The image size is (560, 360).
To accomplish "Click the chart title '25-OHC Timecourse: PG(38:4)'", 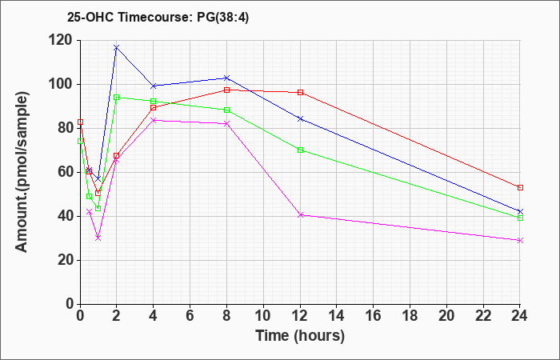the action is (x=158, y=17).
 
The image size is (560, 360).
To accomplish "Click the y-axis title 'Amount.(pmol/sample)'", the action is (x=22, y=172).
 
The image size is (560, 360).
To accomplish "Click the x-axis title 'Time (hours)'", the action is (x=300, y=336).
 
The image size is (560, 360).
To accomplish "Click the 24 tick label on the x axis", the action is (x=520, y=316).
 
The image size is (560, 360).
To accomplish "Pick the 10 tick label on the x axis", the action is (x=263, y=316).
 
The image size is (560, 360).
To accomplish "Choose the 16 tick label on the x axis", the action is (x=374, y=316).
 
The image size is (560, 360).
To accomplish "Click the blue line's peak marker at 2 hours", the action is (x=116, y=47).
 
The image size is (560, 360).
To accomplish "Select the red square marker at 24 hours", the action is (x=520, y=187).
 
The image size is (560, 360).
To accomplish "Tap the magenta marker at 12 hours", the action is (x=300, y=215).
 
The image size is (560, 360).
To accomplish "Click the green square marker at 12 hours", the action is (x=300, y=150).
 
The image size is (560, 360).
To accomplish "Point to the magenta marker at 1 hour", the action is (x=98, y=238).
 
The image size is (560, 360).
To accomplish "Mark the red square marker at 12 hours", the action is (x=300, y=93).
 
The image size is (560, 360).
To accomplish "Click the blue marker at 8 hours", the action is (x=226, y=78).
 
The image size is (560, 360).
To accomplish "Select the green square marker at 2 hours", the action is (x=116, y=97).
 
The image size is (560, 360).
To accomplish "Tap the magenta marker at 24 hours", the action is (x=520, y=240).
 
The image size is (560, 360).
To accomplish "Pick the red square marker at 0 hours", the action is (x=80, y=122).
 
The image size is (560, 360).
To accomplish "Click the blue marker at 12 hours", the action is (x=300, y=118).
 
